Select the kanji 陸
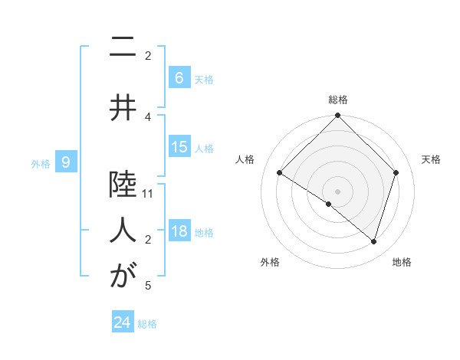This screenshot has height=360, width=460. (123, 183)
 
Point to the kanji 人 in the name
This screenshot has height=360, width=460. (123, 229)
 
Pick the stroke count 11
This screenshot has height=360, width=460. (148, 194)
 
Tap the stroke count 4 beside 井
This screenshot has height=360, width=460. (148, 116)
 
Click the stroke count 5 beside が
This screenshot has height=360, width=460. (148, 286)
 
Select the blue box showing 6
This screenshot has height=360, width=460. (179, 77)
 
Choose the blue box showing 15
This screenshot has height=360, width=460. (179, 147)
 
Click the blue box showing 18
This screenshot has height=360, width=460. (179, 232)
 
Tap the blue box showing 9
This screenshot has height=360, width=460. (66, 162)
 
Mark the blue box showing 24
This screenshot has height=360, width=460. (122, 322)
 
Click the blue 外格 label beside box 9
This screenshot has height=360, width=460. (41, 163)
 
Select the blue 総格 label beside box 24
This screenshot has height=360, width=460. (147, 324)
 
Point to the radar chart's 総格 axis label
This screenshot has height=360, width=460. (337, 100)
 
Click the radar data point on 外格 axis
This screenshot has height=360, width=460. (329, 204)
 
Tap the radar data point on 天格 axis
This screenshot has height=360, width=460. (396, 172)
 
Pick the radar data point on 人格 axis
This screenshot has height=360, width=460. (279, 172)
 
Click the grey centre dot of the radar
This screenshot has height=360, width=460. (337, 191)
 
